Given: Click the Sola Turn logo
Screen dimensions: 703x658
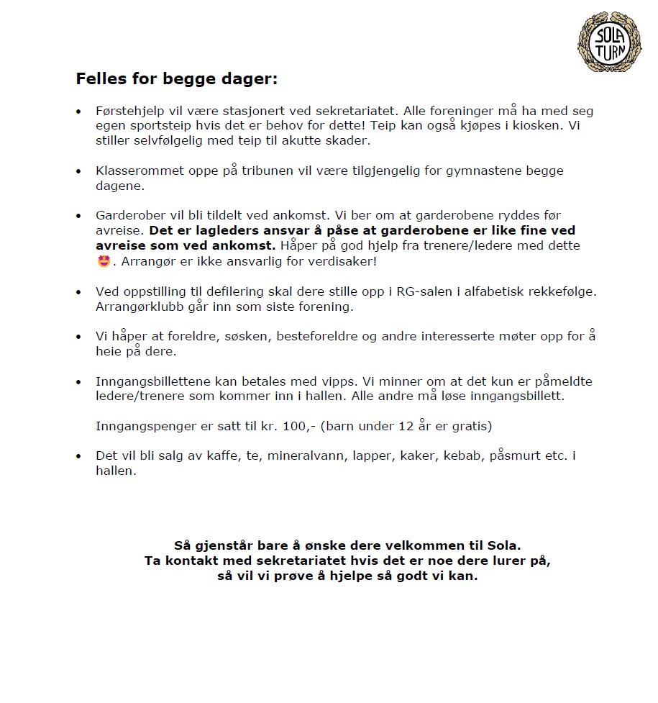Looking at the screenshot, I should click(609, 42).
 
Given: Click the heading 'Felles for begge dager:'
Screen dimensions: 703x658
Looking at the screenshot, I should click(176, 79).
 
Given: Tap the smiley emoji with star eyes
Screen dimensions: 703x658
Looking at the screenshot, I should click(104, 260).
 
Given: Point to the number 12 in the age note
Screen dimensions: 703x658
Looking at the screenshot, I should click(406, 426).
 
